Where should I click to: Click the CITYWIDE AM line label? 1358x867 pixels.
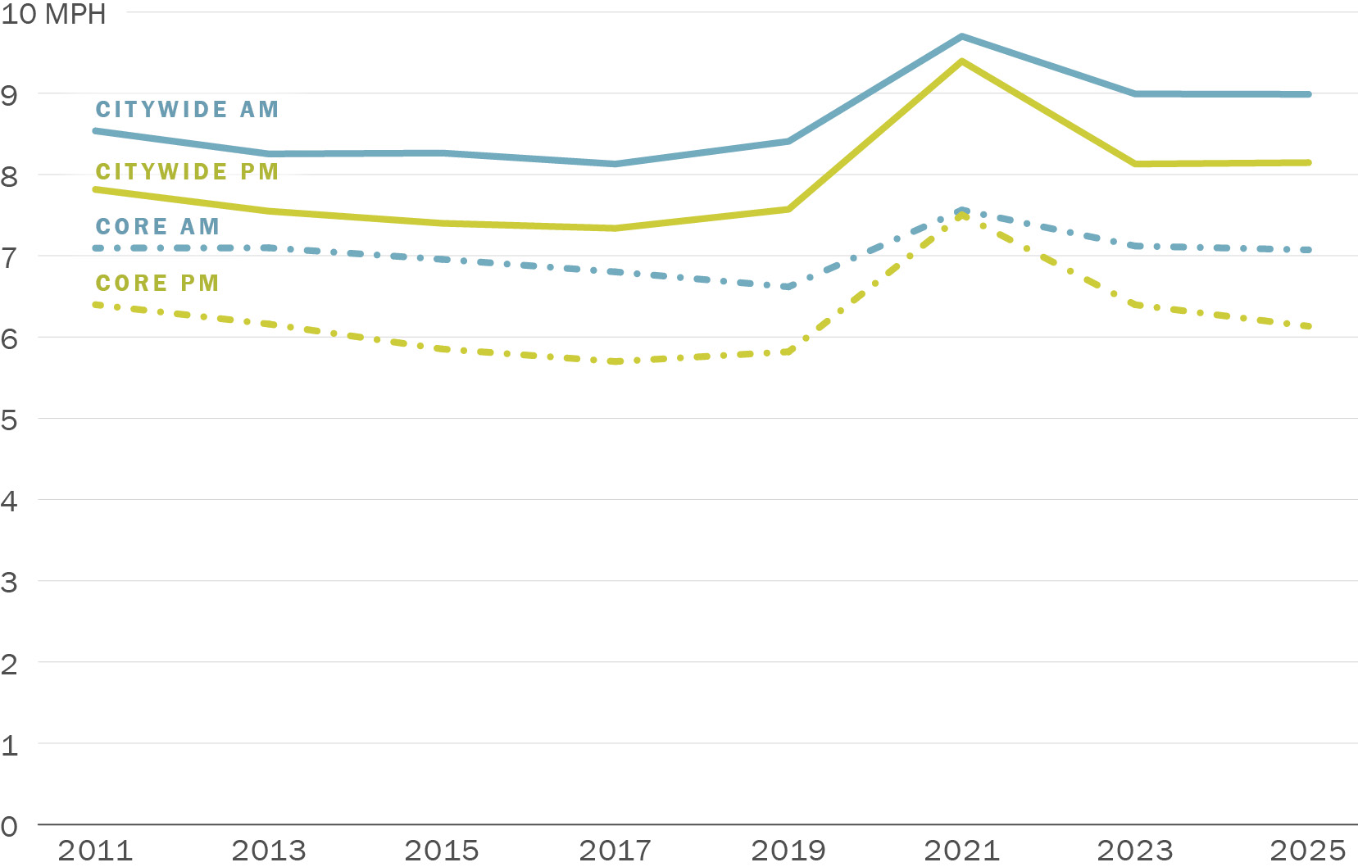coord(187,110)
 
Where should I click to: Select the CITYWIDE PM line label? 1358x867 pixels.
coord(187,172)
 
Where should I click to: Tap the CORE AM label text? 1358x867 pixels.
coord(157,227)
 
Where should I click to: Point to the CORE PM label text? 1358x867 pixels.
coord(157,284)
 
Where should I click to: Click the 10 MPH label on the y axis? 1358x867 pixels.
coord(53,15)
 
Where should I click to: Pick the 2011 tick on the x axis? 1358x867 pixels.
coord(95,851)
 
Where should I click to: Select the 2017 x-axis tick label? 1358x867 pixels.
coord(615,851)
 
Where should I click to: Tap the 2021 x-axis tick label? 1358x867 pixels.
coord(961,851)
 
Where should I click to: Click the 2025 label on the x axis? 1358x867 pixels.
coord(1308,851)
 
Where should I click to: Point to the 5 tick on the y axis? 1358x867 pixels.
coord(9,420)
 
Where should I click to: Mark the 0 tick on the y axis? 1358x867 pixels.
coord(9,827)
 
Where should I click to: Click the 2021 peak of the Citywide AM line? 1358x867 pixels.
coord(961,37)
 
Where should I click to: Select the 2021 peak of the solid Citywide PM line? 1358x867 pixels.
coord(961,61)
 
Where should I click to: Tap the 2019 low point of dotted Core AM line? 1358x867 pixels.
coord(788,287)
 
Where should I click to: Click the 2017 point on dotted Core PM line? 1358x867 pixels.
coord(615,361)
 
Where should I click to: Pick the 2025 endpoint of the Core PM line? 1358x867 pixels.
coord(1309,326)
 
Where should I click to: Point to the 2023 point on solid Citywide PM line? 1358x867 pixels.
coord(1135,164)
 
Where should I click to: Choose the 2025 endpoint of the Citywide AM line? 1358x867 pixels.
coord(1309,94)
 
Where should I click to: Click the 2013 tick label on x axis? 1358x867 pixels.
coord(269,851)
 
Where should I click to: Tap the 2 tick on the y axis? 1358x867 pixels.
coord(9,665)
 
